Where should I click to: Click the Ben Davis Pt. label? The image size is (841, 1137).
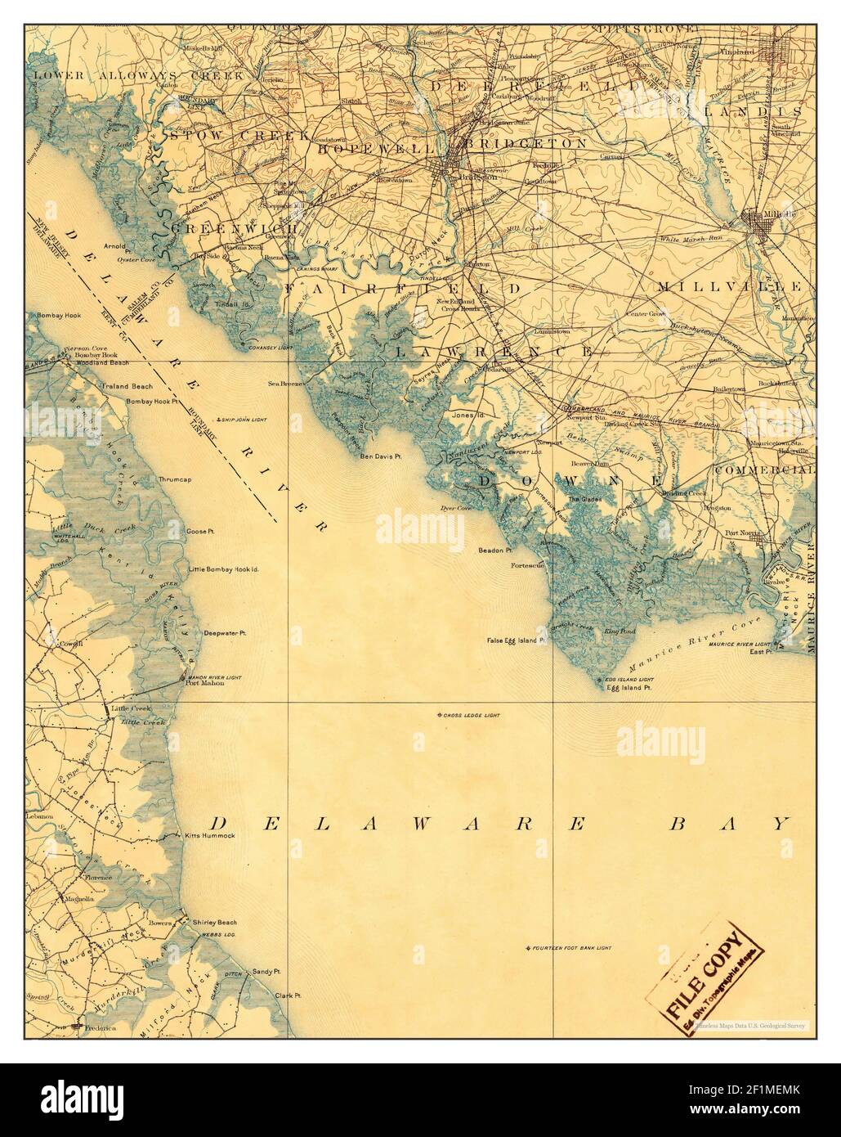click(x=382, y=456)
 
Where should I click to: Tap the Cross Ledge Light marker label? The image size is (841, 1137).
click(x=472, y=715)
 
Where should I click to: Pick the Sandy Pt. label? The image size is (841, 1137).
click(x=267, y=971)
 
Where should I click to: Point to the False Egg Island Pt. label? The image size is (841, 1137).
click(x=516, y=640)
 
